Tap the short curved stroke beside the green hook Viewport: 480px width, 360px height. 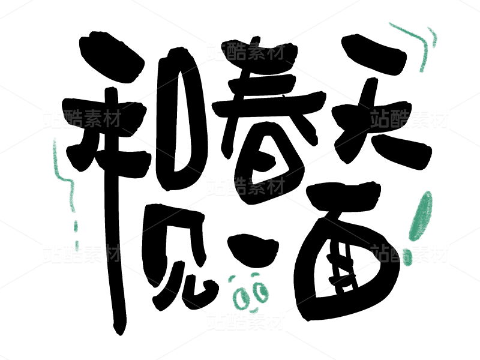pos(433,37)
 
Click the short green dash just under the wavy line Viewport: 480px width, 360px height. pos(76,226)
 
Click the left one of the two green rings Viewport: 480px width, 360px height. pos(241,298)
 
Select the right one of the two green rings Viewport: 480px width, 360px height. pos(261,292)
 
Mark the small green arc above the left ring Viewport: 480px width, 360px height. pos(231,278)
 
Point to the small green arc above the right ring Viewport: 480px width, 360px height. pos(255,275)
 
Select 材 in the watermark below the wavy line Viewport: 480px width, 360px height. pos(112,253)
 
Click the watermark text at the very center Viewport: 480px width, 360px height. pos(245,186)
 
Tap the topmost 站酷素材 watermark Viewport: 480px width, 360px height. pos(245,52)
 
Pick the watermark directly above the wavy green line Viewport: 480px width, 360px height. pos(82,119)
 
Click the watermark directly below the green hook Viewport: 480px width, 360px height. pos(409,119)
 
